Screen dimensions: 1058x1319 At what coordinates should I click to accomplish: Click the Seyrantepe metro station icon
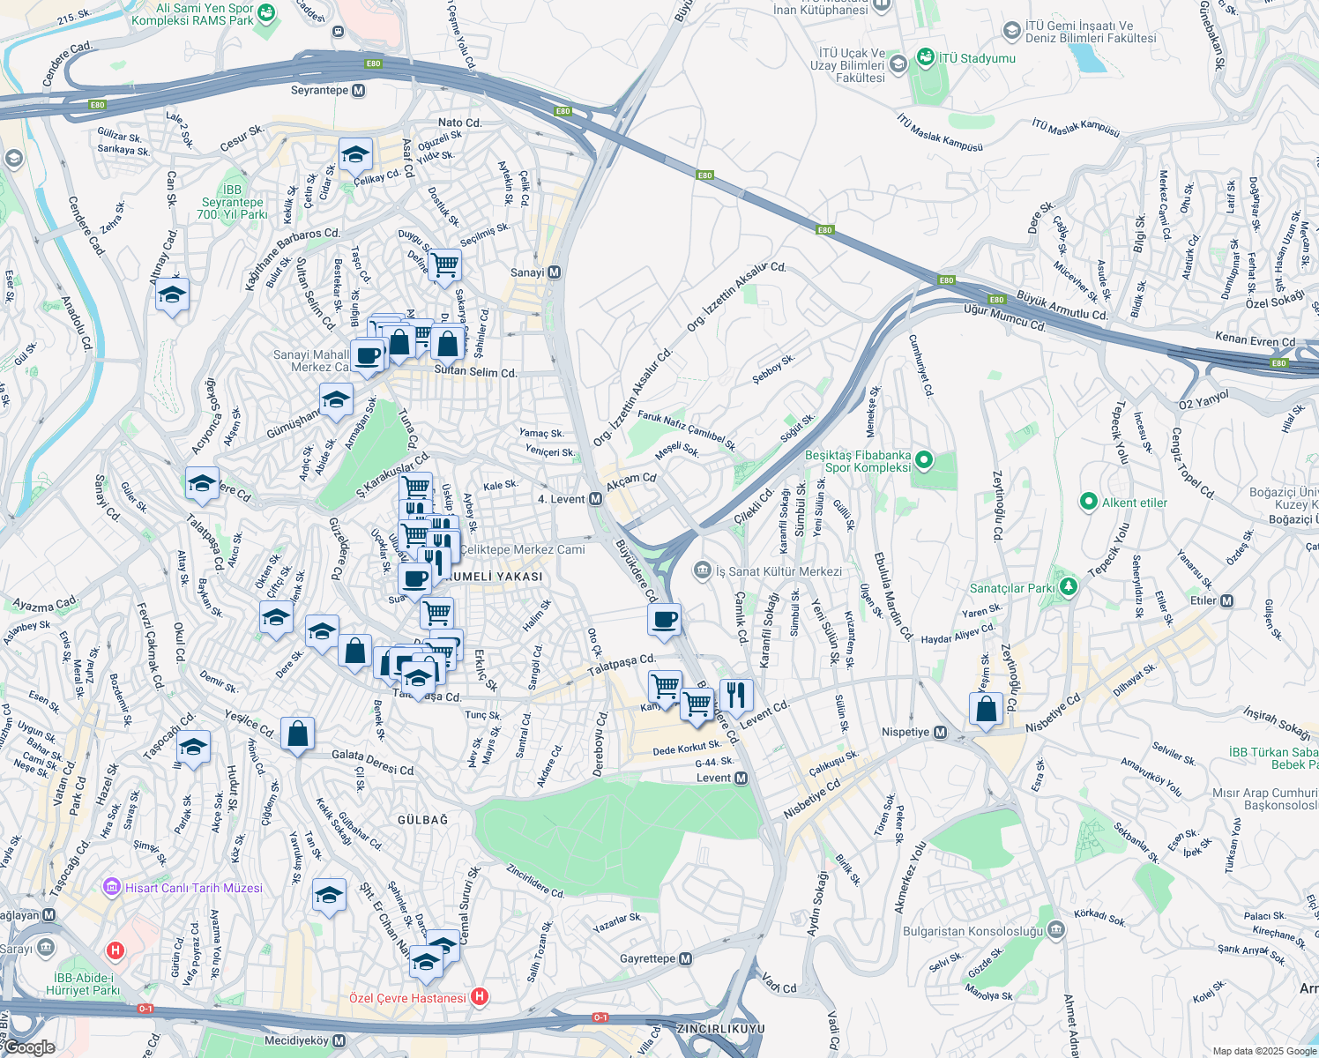[x=358, y=91]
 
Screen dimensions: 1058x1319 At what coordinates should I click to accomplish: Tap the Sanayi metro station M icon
[x=554, y=272]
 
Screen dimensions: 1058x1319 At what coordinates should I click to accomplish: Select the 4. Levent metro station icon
[x=595, y=499]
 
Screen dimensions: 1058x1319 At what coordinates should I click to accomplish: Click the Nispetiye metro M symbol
[x=940, y=733]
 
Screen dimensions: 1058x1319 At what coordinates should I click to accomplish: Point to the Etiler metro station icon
[x=1226, y=600]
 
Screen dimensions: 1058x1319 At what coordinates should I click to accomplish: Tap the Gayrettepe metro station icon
[x=686, y=958]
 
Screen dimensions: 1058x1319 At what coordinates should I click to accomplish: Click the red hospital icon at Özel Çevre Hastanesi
[x=479, y=997]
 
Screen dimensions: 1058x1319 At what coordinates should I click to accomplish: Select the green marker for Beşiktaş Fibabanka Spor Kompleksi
[x=924, y=459]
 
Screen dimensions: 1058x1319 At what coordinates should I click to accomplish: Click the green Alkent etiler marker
[x=1089, y=503]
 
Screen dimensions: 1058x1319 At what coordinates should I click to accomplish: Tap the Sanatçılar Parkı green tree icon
[x=1068, y=586]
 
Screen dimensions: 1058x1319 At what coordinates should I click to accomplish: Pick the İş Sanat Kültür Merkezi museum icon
[x=702, y=570]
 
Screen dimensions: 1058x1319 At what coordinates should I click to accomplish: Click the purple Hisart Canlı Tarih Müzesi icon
[x=112, y=887]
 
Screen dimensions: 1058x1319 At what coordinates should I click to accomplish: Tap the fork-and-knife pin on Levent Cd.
[x=735, y=695]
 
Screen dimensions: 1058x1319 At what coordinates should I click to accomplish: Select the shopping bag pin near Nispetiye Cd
[x=986, y=708]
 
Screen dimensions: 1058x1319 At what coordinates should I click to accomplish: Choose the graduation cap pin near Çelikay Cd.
[x=355, y=154]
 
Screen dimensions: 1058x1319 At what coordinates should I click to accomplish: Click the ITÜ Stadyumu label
[x=976, y=58]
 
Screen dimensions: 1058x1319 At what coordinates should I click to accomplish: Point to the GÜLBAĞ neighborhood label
[x=422, y=820]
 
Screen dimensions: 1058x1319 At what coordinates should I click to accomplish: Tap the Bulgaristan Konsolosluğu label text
[x=972, y=931]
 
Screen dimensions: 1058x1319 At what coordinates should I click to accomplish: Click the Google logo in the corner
[x=29, y=1047]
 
